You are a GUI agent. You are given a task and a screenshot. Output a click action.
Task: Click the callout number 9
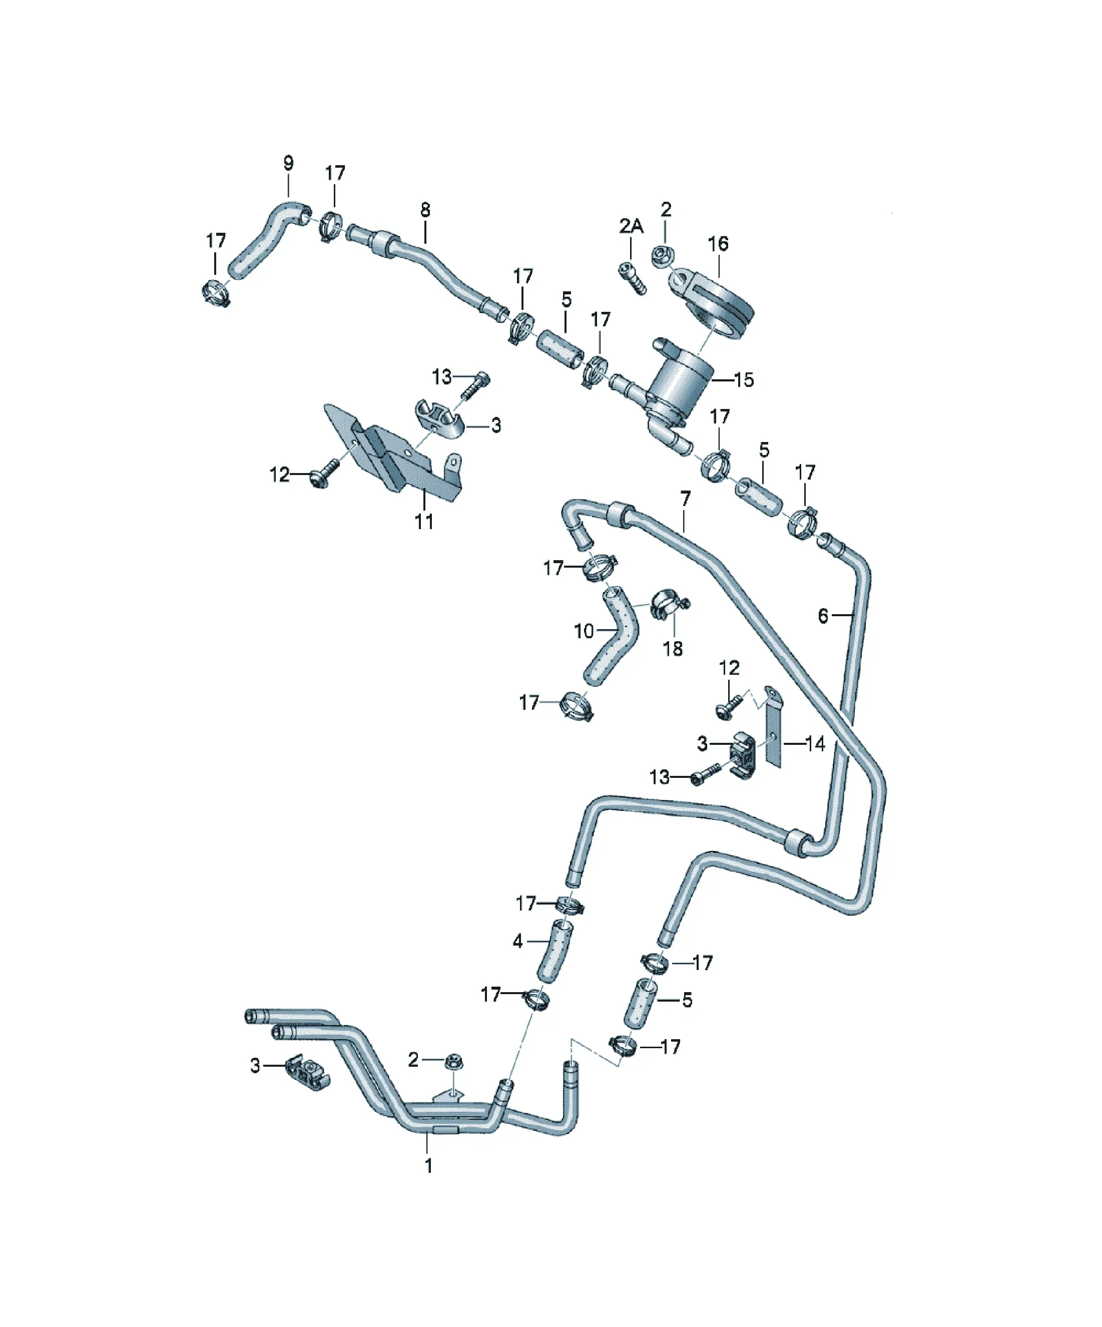[x=288, y=163]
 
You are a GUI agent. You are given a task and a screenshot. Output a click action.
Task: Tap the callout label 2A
[x=631, y=226]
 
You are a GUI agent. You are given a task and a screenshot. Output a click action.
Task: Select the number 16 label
[x=718, y=243]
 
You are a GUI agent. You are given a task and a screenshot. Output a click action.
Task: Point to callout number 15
[x=744, y=380]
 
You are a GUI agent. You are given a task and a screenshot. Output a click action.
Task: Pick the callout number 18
[x=672, y=648]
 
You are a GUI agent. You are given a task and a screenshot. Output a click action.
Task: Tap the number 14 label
[x=815, y=744]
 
